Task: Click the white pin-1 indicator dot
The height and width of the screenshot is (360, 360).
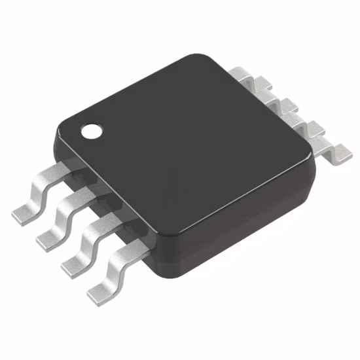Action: (x=92, y=132)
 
